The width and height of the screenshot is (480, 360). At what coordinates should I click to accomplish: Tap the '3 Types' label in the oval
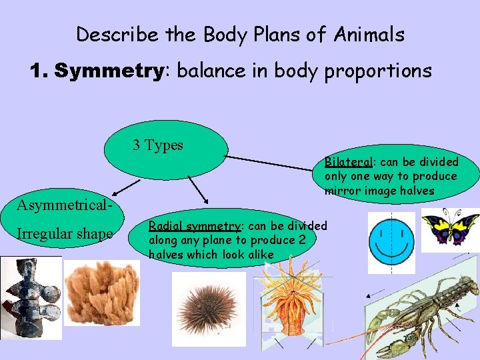[x=158, y=145]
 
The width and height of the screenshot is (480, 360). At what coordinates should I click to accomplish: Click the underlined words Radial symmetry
[x=194, y=226]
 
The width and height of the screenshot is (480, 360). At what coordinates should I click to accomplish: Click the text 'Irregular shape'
[x=65, y=233]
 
